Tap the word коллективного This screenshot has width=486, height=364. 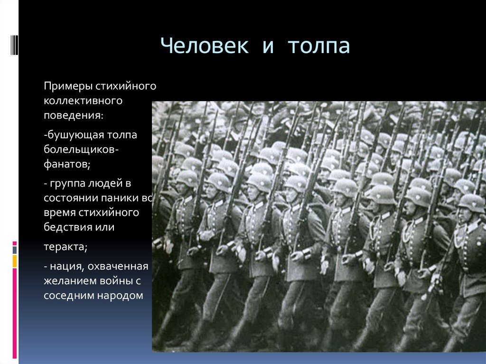pyautogui.click(x=83, y=101)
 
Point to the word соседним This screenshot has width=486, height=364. pyautogui.click(x=67, y=295)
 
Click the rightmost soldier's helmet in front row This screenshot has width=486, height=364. pyautogui.click(x=471, y=203)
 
